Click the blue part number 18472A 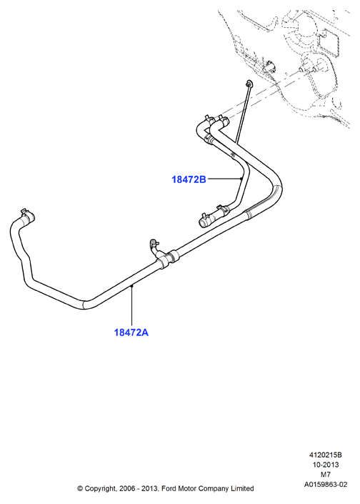(x=131, y=332)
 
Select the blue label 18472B (x=189, y=179)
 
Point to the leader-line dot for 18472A (x=131, y=285)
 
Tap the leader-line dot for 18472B (x=241, y=179)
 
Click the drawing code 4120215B (x=325, y=455)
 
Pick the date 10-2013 (x=326, y=465)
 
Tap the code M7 (x=326, y=475)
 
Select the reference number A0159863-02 (x=326, y=485)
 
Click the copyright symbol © (x=80, y=489)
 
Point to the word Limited (x=242, y=488)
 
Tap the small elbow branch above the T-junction (x=154, y=246)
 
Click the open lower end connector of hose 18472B (x=203, y=222)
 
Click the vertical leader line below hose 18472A (x=131, y=305)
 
